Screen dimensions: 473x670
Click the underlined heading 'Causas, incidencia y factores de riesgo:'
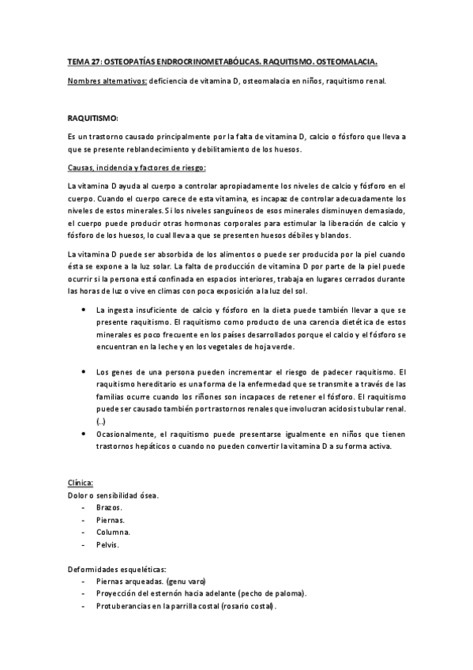(137, 167)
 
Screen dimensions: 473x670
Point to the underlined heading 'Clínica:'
(81, 483)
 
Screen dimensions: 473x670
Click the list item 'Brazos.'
(108, 506)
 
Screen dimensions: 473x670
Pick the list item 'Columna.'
(112, 532)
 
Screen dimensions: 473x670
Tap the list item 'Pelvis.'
(107, 544)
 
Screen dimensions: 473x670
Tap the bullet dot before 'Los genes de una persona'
(84, 371)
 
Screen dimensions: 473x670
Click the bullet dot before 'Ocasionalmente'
(84, 434)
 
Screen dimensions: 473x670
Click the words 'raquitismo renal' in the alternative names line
(352, 81)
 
